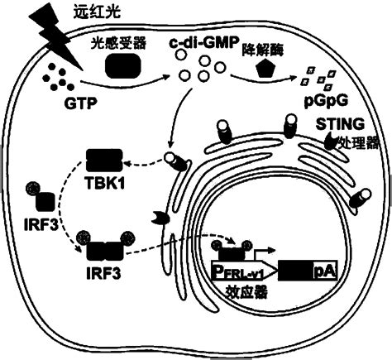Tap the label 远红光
[97, 12]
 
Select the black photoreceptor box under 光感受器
[123, 65]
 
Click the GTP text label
[81, 103]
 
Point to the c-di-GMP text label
[203, 43]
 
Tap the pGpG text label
[326, 102]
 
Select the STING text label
[340, 124]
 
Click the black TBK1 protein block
[104, 160]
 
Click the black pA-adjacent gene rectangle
[295, 271]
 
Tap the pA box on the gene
[325, 271]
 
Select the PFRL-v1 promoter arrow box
[244, 271]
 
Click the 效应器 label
[246, 292]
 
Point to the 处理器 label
[359, 142]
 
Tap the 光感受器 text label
[118, 43]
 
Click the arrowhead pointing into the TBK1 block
[127, 164]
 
